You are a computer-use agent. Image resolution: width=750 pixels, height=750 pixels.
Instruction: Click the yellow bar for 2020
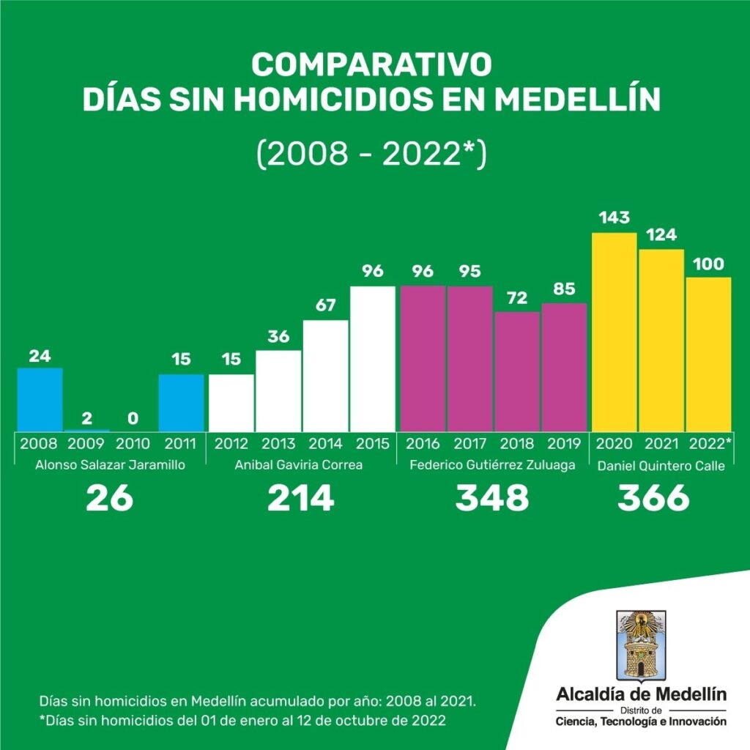(614, 332)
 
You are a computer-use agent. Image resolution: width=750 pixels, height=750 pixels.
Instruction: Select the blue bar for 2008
(40, 399)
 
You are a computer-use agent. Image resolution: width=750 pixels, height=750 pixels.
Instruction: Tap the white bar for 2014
(326, 375)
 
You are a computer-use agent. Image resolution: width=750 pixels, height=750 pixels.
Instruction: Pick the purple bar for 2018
(518, 371)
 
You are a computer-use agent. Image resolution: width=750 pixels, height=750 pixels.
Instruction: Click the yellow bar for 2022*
(708, 354)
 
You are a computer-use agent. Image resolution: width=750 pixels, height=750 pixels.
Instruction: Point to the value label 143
(614, 218)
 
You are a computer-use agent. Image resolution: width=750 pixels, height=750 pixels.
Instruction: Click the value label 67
(326, 305)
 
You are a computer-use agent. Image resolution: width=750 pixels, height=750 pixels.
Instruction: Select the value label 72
(518, 297)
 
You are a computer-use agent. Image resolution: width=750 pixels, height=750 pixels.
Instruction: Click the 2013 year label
(278, 444)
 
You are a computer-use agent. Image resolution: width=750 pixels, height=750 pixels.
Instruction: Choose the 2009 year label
(86, 444)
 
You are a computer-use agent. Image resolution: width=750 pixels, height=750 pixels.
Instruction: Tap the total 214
(300, 499)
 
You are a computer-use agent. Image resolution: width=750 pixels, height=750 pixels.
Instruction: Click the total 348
(491, 499)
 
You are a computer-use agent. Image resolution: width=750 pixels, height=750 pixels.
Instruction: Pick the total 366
(653, 499)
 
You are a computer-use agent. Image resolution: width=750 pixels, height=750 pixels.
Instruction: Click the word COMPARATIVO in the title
(371, 64)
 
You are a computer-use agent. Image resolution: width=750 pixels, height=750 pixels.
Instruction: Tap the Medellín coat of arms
(641, 645)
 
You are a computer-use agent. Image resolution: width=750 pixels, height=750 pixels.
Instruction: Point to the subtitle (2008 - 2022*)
(371, 155)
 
